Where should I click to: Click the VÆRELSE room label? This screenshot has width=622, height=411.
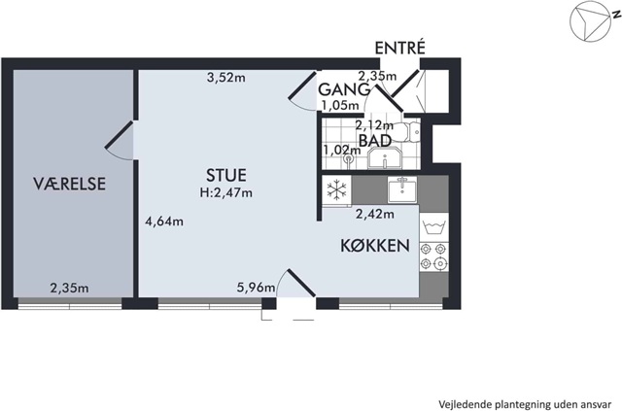pos(69,184)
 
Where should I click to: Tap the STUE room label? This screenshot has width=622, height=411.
pos(226,175)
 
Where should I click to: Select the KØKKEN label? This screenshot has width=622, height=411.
pos(375,246)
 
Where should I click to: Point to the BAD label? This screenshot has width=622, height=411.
pos(375,141)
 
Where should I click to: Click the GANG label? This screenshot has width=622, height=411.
pos(344,89)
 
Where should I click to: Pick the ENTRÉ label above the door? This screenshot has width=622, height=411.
pos(400,48)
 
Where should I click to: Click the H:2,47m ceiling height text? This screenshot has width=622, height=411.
pos(226,193)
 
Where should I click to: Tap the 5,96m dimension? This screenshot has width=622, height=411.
pos(256,287)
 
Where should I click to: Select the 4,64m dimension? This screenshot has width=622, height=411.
pos(164,221)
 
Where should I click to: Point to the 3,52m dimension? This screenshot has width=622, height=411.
pos(226,78)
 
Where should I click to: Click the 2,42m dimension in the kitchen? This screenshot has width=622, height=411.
pos(375,214)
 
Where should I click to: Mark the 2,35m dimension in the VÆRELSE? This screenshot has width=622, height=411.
pos(69,288)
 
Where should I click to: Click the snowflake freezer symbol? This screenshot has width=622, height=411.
pos(337,189)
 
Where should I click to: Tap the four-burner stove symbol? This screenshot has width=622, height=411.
pos(433,257)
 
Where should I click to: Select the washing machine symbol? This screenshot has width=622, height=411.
pos(433,227)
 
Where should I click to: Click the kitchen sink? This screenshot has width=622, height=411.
pos(402,189)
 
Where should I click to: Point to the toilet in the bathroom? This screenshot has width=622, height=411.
pos(408,132)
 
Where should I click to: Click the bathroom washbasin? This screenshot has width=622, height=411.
pos(385,157)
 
